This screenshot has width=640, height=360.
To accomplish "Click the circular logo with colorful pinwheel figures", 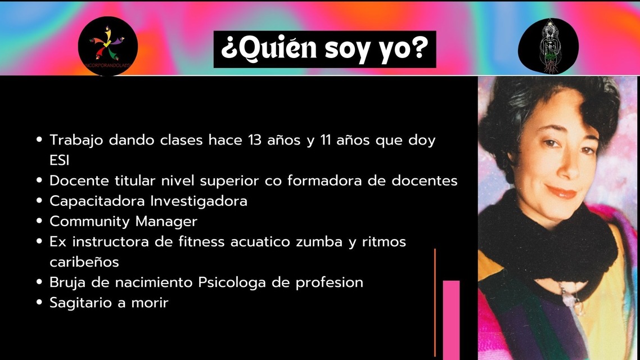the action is pyautogui.click(x=108, y=46).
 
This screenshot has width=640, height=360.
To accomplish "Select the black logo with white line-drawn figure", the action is pyautogui.click(x=548, y=46).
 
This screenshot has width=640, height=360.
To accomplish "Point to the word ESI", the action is pyautogui.click(x=59, y=160).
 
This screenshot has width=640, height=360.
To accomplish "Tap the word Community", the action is pyautogui.click(x=89, y=222).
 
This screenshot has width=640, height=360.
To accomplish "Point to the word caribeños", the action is pyautogui.click(x=84, y=262).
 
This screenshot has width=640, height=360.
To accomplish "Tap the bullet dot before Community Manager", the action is pyautogui.click(x=39, y=221).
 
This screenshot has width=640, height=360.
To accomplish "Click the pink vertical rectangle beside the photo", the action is pyautogui.click(x=451, y=320).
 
